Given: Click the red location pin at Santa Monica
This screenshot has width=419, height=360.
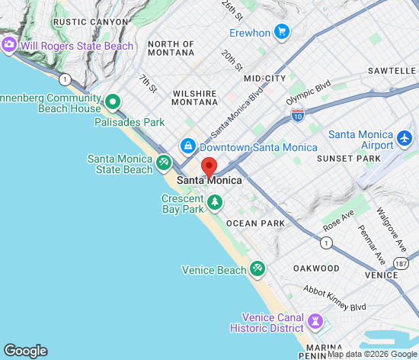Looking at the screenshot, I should click(x=209, y=166).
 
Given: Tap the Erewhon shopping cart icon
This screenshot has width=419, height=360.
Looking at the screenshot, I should click(x=282, y=32).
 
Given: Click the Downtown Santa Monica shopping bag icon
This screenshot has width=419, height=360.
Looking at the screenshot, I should click(x=187, y=145).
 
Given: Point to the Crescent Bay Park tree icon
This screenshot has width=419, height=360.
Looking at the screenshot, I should click(x=216, y=202).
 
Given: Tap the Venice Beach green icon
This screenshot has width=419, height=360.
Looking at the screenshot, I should click(x=257, y=269).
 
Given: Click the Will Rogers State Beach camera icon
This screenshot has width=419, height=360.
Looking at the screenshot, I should click(x=9, y=45).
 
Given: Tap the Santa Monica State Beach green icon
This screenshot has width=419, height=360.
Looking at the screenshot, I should click(x=163, y=162).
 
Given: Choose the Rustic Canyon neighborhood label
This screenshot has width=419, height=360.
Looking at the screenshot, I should click(x=91, y=22).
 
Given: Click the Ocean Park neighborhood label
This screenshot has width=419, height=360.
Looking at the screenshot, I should click(x=255, y=223).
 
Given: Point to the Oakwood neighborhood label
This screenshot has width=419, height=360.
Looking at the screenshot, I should click(x=316, y=268).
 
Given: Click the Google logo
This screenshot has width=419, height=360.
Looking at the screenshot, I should click(x=25, y=351).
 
